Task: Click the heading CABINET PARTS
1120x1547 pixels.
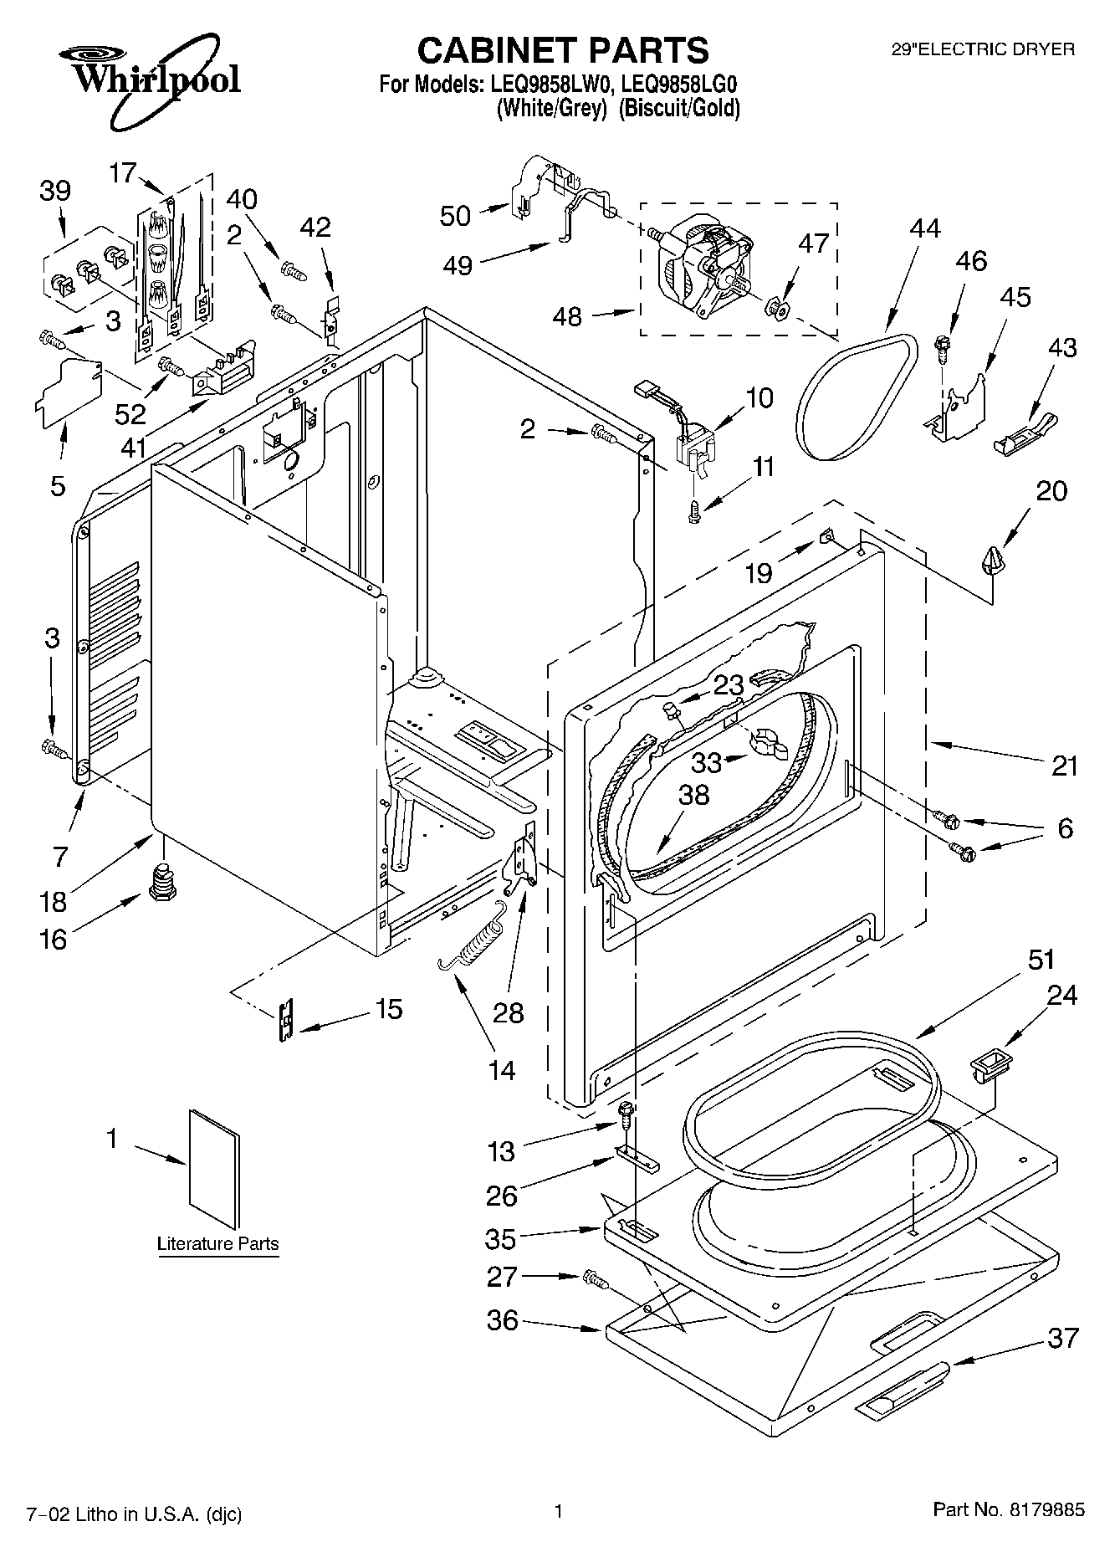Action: click(x=563, y=50)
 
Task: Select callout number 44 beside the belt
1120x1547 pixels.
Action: click(x=925, y=228)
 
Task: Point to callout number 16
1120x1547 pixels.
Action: click(x=53, y=940)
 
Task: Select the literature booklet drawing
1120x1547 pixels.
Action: click(x=215, y=1163)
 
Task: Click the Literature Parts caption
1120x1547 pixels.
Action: click(x=218, y=1243)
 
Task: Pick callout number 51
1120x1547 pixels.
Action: click(x=1041, y=960)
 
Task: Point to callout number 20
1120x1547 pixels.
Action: click(x=1051, y=490)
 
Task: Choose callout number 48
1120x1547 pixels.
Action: click(x=567, y=318)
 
